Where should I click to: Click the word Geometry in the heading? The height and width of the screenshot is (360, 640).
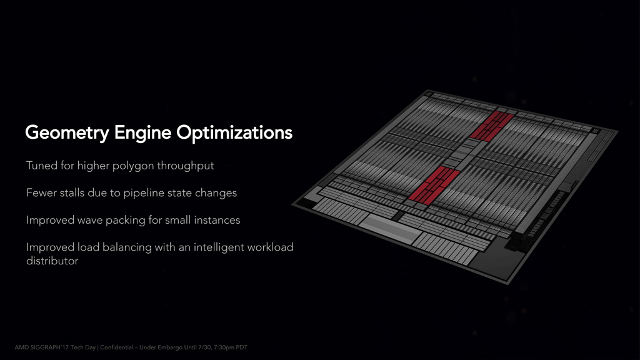pos(67,133)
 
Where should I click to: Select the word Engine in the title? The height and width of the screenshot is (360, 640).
pos(142,133)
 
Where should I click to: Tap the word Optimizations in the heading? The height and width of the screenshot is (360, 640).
pos(234,133)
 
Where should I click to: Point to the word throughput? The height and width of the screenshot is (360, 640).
pos(185,166)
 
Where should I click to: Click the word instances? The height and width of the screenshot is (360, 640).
pos(217,220)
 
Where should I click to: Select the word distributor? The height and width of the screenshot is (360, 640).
pos(52,261)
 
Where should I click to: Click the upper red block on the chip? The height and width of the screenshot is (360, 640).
pos(491,126)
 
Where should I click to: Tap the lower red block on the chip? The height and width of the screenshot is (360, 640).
pos(434,185)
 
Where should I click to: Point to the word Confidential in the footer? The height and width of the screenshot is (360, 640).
pos(117,347)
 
